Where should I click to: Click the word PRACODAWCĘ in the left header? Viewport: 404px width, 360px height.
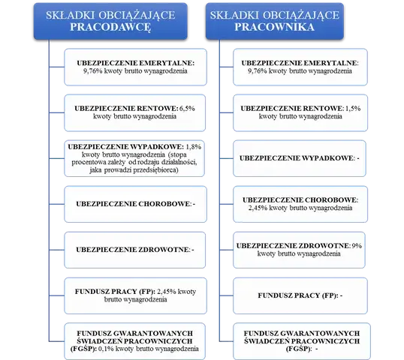click(x=110, y=27)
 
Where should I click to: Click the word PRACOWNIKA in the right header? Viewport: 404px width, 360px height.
click(x=274, y=27)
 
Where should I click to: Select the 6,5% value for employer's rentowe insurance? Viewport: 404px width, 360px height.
click(x=187, y=109)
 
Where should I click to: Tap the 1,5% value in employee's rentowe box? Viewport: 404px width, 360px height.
click(x=353, y=109)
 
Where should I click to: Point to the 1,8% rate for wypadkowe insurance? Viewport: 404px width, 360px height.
click(x=193, y=147)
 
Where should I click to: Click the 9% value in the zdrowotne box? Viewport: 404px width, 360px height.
click(x=357, y=246)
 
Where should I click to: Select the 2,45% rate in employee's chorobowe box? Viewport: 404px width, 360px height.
click(x=258, y=208)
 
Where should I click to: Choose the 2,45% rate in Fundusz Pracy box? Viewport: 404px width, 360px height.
click(x=167, y=292)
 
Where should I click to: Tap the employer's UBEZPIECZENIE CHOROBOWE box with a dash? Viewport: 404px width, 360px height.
click(x=135, y=204)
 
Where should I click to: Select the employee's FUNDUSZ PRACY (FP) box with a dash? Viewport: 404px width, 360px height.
click(x=300, y=295)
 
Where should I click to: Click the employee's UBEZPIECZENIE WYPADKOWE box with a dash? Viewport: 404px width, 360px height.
click(x=300, y=158)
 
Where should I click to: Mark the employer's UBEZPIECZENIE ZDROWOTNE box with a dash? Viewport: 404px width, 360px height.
click(x=134, y=250)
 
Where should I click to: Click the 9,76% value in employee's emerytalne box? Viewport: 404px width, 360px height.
click(x=258, y=71)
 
